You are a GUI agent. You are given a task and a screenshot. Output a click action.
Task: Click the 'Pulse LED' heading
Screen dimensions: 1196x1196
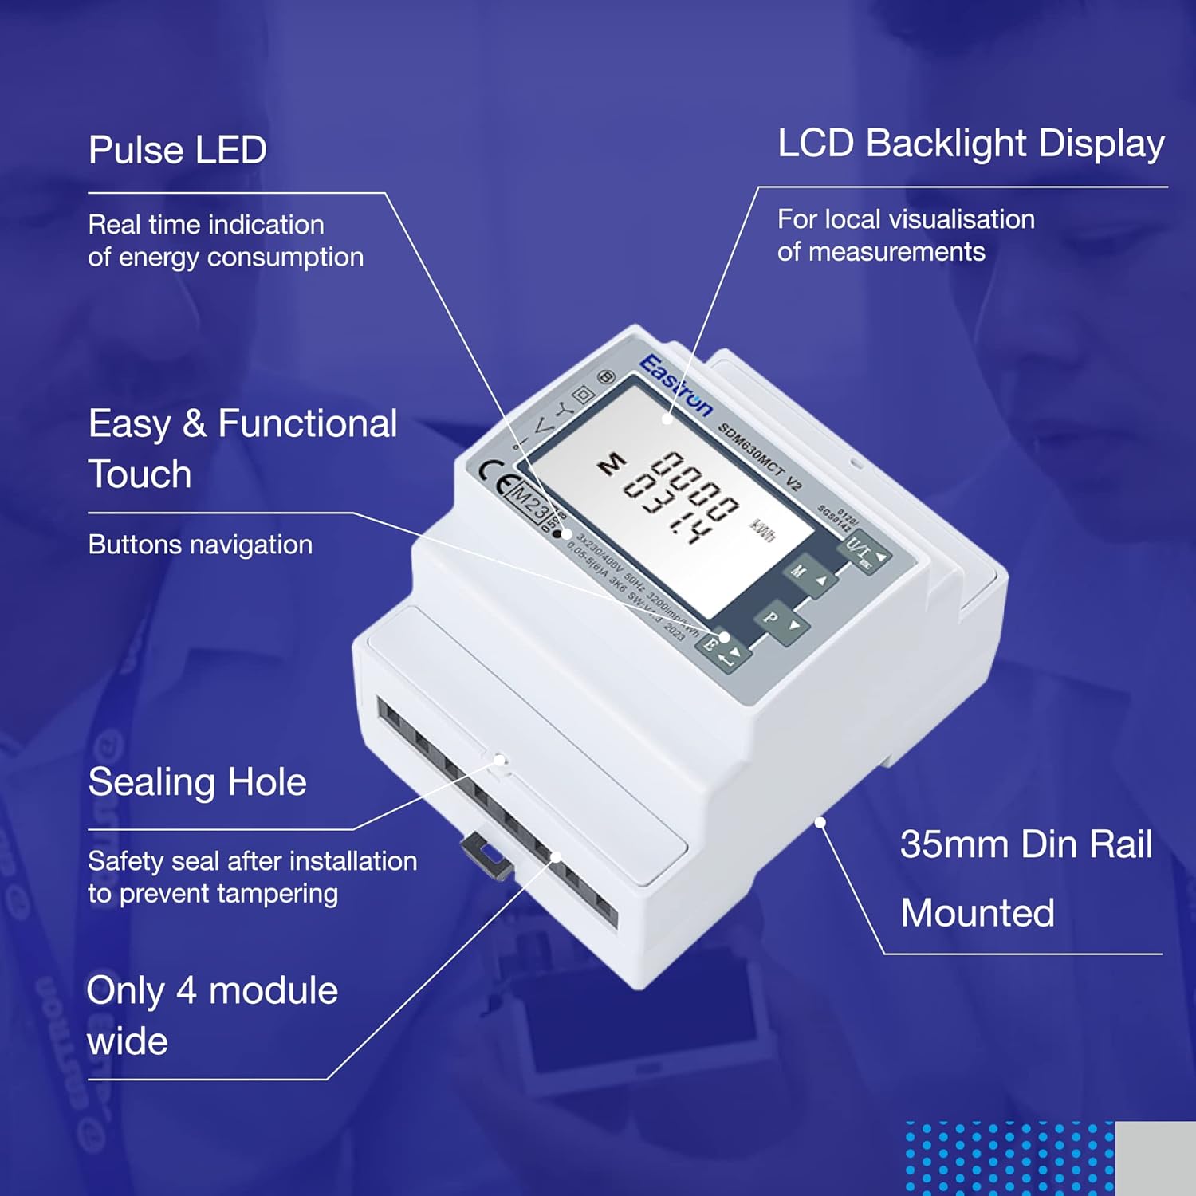pos(177,150)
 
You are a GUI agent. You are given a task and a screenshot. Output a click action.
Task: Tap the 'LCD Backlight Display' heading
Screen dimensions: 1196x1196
pos(970,144)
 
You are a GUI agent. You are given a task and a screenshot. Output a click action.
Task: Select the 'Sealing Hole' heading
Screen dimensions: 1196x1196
pos(197,782)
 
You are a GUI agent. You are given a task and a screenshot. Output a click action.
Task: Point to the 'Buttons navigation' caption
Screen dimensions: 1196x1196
pos(200,545)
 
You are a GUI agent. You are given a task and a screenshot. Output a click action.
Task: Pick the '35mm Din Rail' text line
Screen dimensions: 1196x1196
pos(1025,844)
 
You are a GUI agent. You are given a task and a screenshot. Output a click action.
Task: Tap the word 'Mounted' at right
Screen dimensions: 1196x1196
pos(978,913)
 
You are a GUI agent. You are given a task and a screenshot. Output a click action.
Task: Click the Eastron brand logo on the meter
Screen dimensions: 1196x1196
pos(675,385)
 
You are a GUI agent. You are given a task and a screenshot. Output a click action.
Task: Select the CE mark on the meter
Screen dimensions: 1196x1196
pos(494,474)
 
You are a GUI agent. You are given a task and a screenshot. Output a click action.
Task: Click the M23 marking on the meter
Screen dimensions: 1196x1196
pos(529,502)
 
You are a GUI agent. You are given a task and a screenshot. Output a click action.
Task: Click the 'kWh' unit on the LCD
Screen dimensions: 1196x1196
pos(761,530)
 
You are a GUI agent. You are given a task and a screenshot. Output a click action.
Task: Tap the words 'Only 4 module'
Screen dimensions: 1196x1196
pos(212,991)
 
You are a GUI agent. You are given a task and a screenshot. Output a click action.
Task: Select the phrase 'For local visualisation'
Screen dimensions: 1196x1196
pos(906,219)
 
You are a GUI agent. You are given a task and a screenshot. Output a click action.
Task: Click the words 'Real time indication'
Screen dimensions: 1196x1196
pos(206,225)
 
